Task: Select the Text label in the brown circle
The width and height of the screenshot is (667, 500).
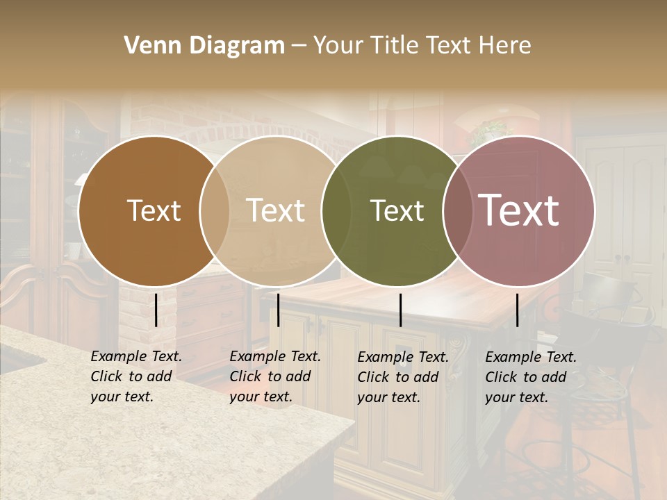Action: [x=154, y=210]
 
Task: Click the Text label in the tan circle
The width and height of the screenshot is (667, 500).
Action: [x=275, y=210]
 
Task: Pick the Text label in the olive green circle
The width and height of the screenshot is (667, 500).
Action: [x=397, y=211]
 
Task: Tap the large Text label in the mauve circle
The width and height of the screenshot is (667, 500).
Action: [x=518, y=210]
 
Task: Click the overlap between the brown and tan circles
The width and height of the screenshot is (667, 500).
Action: [x=215, y=211]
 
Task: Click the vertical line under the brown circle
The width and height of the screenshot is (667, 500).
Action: [x=156, y=310]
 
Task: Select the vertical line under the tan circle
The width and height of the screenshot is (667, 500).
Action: [x=278, y=310]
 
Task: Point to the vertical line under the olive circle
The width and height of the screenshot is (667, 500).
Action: [x=400, y=310]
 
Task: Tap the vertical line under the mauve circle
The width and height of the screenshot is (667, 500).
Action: [x=518, y=310]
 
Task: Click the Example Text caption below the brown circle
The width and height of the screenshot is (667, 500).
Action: [x=136, y=376]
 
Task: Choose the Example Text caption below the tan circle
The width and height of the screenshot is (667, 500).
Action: [x=275, y=376]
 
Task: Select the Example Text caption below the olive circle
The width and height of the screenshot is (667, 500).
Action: [x=403, y=377]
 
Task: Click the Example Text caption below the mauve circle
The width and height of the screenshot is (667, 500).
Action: [x=531, y=377]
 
